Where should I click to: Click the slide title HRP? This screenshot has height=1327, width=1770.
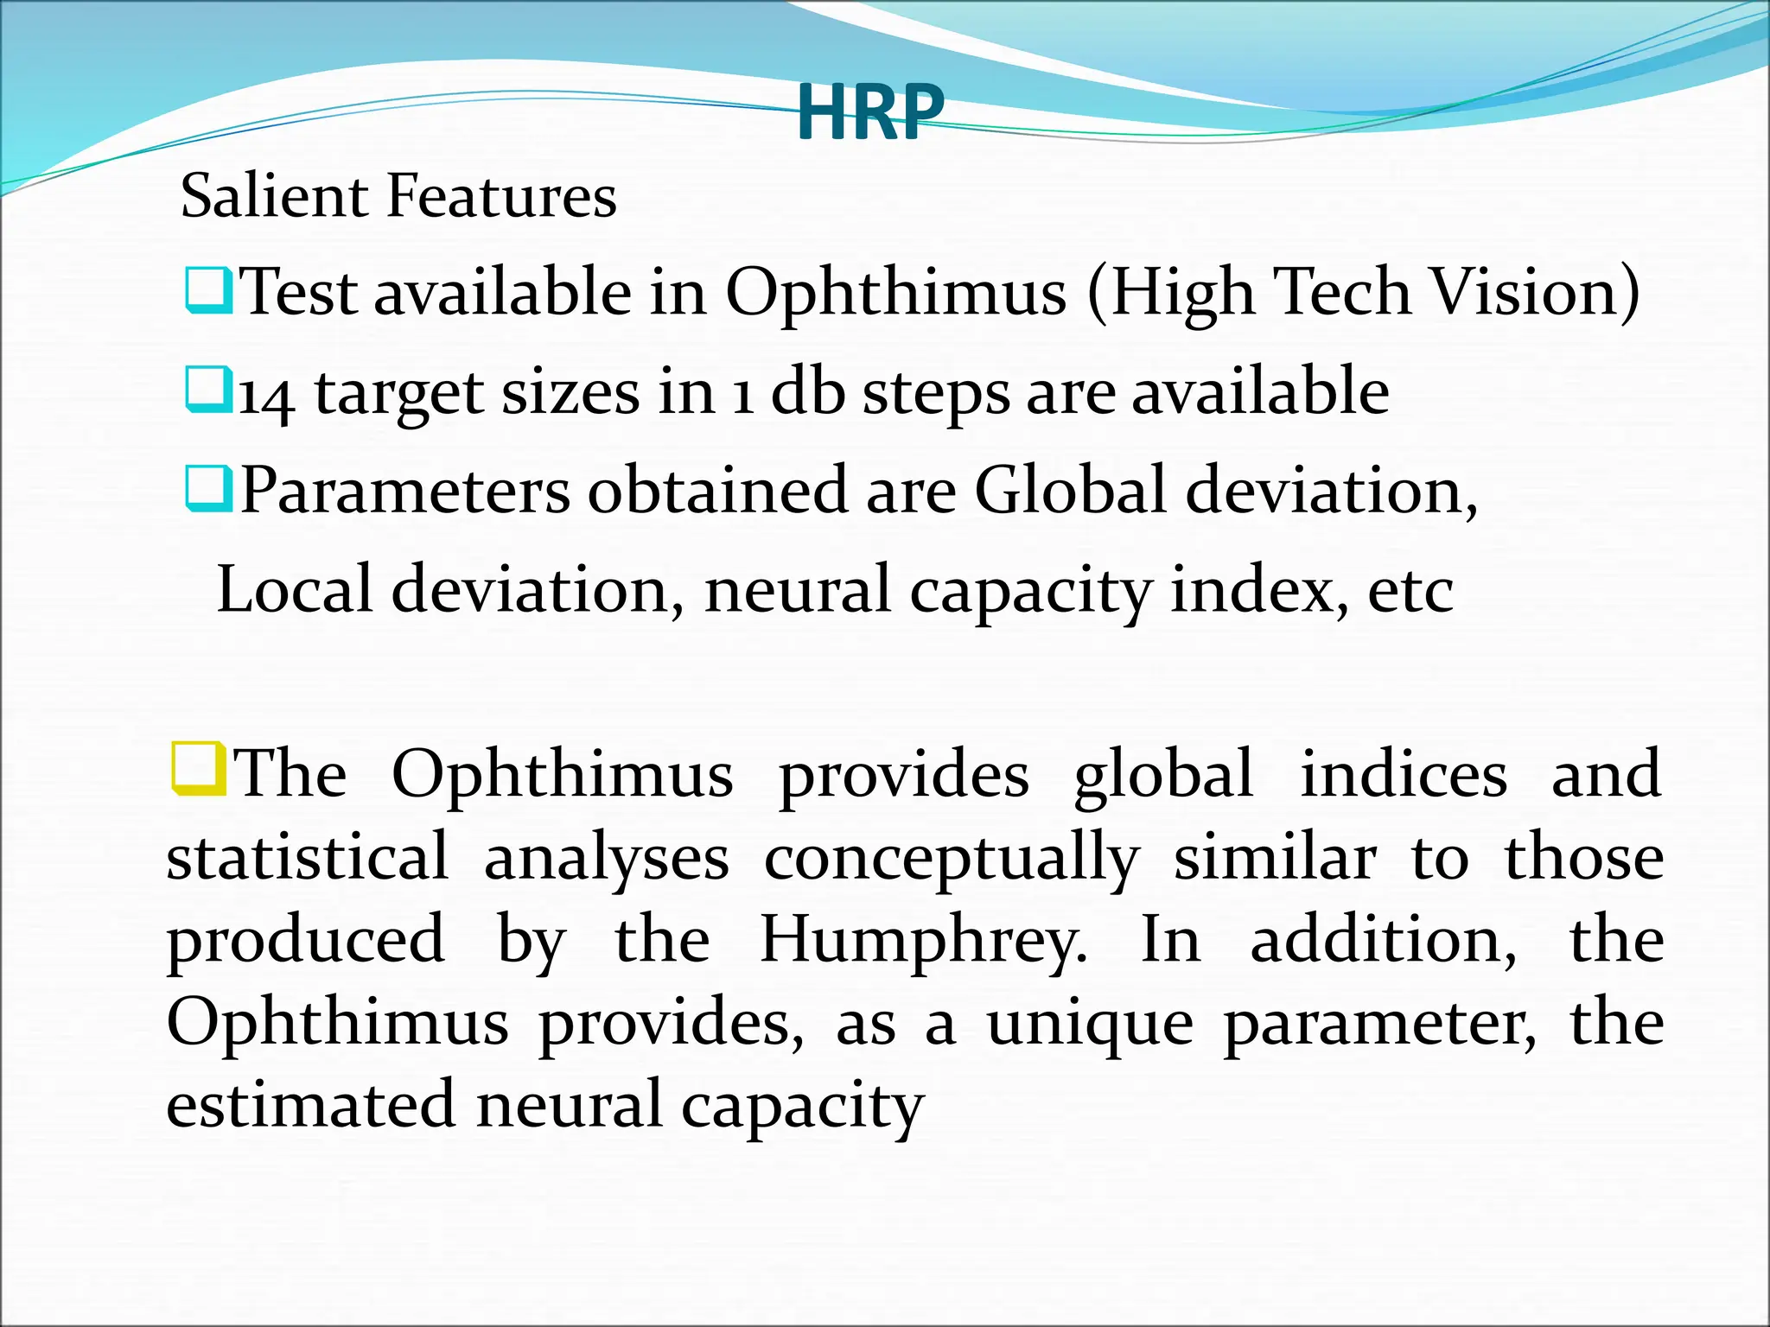(x=869, y=112)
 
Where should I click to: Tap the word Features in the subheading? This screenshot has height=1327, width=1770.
(x=501, y=195)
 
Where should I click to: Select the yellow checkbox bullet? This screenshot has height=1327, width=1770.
(x=198, y=768)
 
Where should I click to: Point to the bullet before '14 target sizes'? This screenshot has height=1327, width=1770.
(x=208, y=389)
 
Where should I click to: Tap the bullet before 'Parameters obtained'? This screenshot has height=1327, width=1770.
(x=208, y=488)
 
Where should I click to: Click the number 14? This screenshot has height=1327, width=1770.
(x=266, y=395)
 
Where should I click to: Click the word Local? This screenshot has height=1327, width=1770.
(x=294, y=589)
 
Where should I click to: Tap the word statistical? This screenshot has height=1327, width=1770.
(x=308, y=858)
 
